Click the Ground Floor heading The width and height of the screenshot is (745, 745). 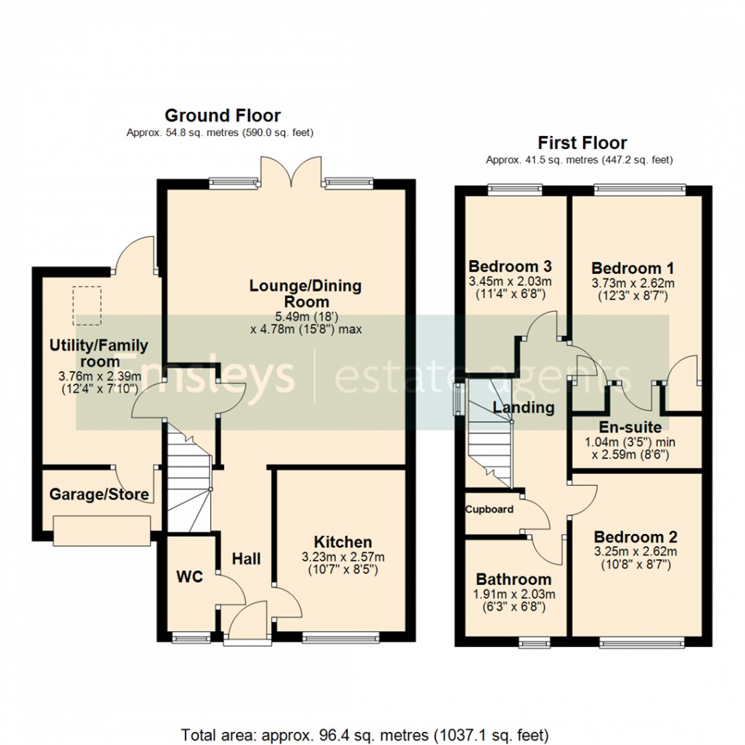(x=222, y=115)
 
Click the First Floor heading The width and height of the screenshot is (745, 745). (x=582, y=142)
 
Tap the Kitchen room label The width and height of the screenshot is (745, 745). (x=343, y=542)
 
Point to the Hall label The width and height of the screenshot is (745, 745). (x=246, y=559)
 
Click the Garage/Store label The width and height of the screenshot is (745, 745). (x=99, y=494)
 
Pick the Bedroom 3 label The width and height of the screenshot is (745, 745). (x=510, y=266)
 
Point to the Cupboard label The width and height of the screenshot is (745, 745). (x=489, y=509)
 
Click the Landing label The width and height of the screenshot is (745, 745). (x=524, y=408)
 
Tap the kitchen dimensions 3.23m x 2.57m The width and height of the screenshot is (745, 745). (x=343, y=557)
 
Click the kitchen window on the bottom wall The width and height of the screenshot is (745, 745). (x=340, y=638)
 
